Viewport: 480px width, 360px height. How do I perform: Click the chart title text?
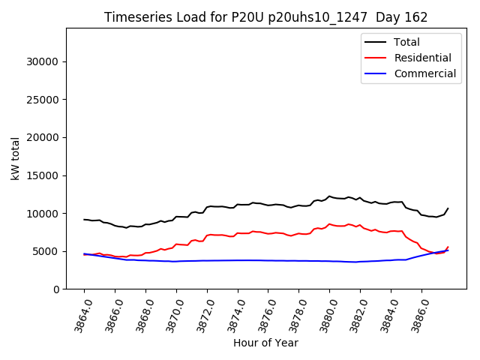pyautogui.click(x=265, y=17)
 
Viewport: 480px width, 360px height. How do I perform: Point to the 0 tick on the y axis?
pyautogui.click(x=55, y=289)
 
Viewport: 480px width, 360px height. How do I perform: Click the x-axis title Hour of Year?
pyautogui.click(x=265, y=343)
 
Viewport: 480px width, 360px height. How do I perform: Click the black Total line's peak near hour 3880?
pyautogui.click(x=329, y=196)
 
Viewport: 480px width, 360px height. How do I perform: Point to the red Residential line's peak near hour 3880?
pyautogui.click(x=329, y=224)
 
